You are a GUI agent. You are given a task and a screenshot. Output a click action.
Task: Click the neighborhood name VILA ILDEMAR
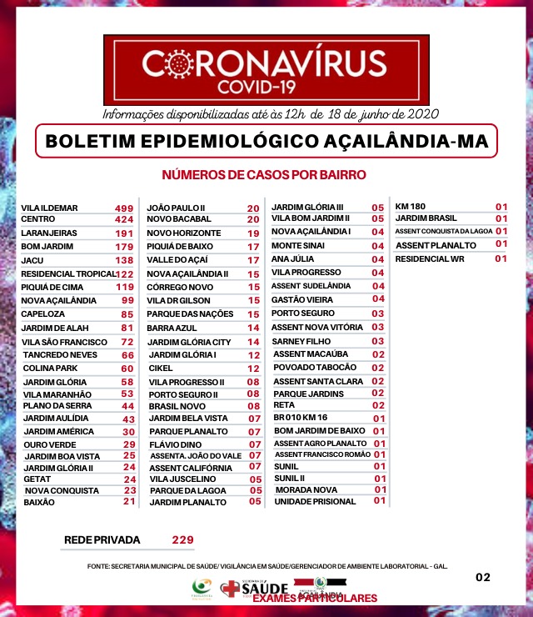click(49, 208)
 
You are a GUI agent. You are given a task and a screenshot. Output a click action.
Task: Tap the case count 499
click(124, 208)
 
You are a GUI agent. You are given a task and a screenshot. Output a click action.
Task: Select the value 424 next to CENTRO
click(124, 220)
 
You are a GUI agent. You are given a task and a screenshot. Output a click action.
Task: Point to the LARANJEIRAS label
click(49, 233)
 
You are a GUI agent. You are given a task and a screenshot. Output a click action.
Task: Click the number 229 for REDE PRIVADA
click(182, 540)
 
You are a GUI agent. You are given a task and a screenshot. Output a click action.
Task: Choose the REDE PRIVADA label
click(102, 540)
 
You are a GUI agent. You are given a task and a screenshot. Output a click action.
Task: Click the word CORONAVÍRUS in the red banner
click(264, 64)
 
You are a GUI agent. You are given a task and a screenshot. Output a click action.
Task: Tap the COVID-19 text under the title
click(264, 87)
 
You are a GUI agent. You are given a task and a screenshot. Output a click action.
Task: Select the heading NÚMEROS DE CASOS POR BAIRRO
click(264, 175)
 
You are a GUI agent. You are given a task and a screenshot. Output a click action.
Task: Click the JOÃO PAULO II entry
click(177, 208)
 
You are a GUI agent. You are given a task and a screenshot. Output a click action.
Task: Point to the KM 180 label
click(411, 206)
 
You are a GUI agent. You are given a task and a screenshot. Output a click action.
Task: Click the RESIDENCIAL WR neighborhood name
click(430, 258)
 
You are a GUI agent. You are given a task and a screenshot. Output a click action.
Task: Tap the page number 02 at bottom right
click(483, 577)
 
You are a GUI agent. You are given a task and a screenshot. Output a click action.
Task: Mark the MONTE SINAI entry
click(300, 246)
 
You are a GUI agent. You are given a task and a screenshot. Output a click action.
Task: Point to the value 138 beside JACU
click(124, 260)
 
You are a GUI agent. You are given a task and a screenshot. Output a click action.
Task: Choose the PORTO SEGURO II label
click(183, 394)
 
